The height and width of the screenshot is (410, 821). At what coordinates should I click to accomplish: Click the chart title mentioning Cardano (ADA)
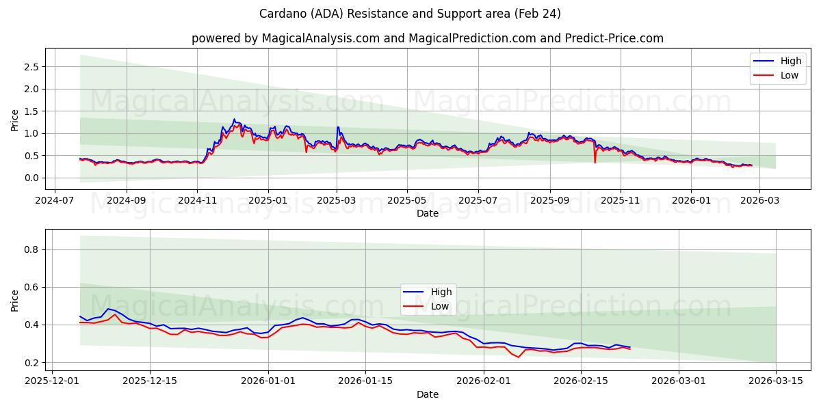pos(410,14)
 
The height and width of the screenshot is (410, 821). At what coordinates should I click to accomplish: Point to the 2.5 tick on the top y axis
pos(30,67)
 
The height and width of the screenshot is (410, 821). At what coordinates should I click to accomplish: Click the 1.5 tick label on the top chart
pos(30,111)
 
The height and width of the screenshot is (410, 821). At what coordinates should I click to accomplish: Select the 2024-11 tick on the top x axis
pos(197,202)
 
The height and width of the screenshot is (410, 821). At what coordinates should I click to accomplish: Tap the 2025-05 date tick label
pos(407,202)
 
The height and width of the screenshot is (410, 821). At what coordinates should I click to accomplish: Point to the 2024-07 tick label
pos(55,202)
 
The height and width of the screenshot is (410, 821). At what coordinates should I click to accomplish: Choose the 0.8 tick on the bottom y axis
pos(30,250)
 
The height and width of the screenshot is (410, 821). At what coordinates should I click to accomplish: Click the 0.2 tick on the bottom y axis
pos(30,363)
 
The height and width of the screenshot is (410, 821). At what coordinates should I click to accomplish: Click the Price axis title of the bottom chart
pos(15,300)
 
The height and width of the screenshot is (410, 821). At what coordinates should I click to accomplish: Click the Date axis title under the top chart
pos(428,213)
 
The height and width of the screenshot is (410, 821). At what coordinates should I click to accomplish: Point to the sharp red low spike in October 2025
pos(595,162)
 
